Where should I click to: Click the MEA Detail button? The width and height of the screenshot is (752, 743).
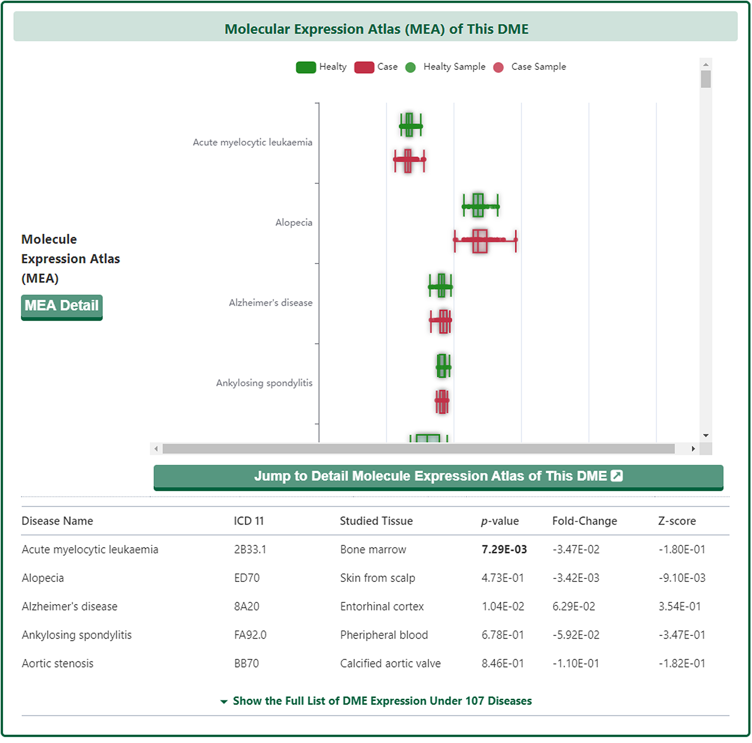click(62, 306)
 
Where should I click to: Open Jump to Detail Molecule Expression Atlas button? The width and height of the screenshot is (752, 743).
click(438, 476)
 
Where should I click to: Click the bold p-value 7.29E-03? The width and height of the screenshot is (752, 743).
click(504, 549)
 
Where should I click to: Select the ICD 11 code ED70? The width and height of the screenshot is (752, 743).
click(247, 578)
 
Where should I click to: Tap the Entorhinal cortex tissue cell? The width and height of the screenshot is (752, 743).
click(382, 606)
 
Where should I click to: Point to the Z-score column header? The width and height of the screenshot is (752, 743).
click(677, 521)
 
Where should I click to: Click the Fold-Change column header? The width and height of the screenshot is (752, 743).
click(584, 521)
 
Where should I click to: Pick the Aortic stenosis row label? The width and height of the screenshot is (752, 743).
click(58, 664)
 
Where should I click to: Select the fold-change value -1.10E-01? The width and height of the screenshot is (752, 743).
click(576, 664)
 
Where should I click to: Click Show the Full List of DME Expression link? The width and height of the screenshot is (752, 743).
click(382, 701)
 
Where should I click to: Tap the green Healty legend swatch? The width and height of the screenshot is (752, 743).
click(306, 67)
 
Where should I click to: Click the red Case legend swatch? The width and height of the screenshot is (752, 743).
click(364, 67)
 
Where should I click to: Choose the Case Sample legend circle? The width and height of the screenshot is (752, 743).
click(498, 67)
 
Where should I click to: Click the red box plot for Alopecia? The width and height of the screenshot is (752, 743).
click(479, 241)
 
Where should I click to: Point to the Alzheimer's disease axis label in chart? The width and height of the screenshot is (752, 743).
click(271, 303)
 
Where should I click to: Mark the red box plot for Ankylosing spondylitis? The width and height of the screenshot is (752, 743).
click(442, 402)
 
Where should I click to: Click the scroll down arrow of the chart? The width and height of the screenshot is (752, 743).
click(706, 435)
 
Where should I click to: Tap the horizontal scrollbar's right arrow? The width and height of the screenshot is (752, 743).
click(693, 449)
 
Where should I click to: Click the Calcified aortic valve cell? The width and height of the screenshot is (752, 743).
click(390, 664)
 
